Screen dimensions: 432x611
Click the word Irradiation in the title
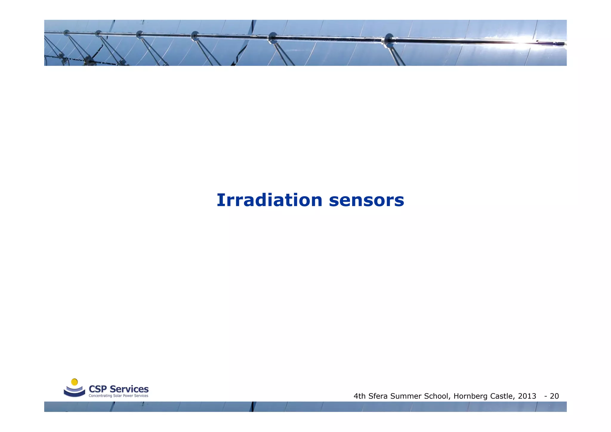(269, 200)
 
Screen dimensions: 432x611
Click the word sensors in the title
(366, 200)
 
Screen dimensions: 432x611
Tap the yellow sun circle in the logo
(75, 382)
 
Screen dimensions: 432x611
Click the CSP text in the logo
(98, 389)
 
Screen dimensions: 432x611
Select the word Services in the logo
(129, 389)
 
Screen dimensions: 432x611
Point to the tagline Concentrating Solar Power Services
(118, 396)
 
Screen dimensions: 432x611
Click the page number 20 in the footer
(554, 396)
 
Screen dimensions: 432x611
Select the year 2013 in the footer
(527, 396)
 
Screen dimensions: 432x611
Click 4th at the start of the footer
(360, 396)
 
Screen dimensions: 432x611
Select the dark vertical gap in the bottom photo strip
(253, 407)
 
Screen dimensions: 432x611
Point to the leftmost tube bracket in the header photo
(66, 33)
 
